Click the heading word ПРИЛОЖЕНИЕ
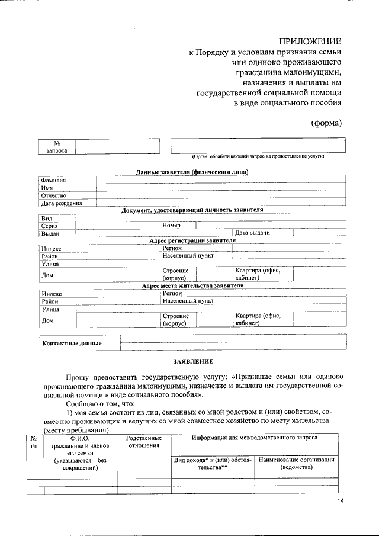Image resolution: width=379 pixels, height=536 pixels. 310,41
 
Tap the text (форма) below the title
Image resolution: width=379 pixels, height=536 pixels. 327,123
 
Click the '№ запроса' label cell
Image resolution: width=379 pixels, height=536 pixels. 57,147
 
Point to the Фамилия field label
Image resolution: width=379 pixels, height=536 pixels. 53,180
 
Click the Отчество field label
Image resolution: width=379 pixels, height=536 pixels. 53,195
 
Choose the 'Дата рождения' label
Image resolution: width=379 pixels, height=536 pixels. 61,203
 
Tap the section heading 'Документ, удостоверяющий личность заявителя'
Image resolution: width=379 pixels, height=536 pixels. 192,210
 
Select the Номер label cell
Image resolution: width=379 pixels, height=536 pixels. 172,226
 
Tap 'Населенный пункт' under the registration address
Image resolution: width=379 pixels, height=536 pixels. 188,256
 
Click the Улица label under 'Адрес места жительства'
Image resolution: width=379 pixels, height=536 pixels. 50,309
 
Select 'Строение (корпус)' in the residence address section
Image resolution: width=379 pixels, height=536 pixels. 176,320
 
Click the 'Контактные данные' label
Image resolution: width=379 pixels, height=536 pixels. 72,343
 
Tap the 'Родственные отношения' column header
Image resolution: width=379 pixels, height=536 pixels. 144,441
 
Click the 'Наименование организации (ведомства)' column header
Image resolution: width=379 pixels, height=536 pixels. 297,463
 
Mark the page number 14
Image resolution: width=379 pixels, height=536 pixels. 341,501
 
